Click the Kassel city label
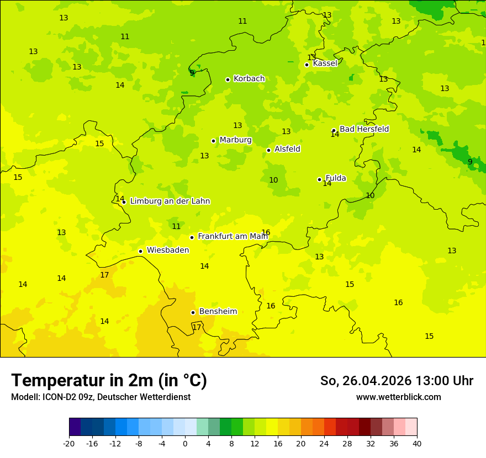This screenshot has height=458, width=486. (x=325, y=63)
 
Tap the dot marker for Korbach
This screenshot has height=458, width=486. (x=228, y=79)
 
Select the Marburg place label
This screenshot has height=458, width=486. (x=235, y=140)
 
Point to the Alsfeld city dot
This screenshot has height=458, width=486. (x=268, y=150)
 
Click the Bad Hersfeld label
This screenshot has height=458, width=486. (x=364, y=129)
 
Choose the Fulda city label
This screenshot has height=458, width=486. (x=336, y=178)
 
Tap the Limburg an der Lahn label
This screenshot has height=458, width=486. (x=170, y=201)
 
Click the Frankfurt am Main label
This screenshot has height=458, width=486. (x=233, y=236)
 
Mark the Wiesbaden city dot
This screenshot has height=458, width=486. (x=140, y=251)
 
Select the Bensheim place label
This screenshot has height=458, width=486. (x=218, y=312)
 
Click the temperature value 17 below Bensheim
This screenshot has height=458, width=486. (x=197, y=327)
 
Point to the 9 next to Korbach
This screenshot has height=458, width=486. (x=192, y=73)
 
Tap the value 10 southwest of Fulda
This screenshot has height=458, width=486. (x=273, y=180)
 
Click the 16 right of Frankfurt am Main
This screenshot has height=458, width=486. (x=266, y=233)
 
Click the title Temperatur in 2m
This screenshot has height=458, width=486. (x=109, y=381)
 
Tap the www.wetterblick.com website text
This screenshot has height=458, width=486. (x=398, y=397)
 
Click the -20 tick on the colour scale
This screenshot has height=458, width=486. (x=69, y=444)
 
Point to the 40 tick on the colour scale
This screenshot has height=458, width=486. (x=417, y=444)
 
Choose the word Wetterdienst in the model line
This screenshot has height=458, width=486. (x=166, y=397)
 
